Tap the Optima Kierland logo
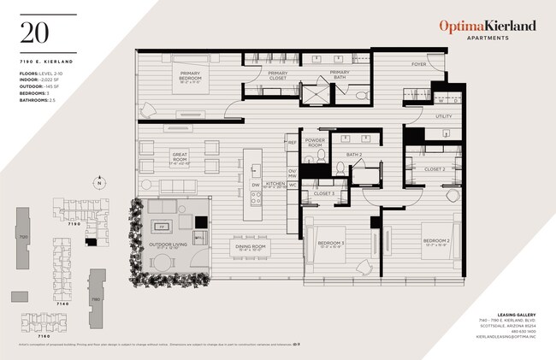(488, 27)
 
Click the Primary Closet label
(277, 76)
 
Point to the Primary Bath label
(340, 76)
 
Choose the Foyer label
(418, 64)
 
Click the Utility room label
(443, 115)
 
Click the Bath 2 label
(355, 155)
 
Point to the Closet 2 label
(434, 168)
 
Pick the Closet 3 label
(322, 193)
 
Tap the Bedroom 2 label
(435, 242)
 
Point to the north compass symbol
(99, 183)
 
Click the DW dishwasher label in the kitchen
(255, 184)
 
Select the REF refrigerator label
(292, 143)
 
